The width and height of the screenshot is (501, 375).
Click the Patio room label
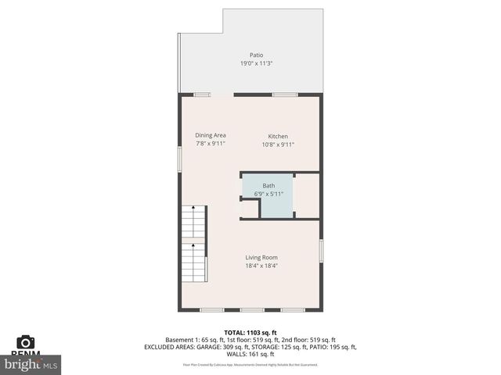tap(256, 55)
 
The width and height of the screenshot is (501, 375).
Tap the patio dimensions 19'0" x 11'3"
tap(256, 63)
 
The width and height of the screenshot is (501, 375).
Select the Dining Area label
tap(211, 135)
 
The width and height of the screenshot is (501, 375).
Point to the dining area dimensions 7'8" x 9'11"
tap(211, 144)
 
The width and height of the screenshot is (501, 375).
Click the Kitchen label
tap(278, 135)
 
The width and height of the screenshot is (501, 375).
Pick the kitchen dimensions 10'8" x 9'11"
tap(278, 144)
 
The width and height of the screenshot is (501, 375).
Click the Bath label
tap(269, 185)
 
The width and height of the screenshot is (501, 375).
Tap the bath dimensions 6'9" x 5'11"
tap(269, 194)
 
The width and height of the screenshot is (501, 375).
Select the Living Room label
tap(261, 257)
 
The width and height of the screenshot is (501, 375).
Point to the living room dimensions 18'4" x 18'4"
tap(261, 266)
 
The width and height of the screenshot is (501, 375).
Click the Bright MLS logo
tap(31, 364)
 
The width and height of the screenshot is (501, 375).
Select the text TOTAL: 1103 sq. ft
tap(250, 331)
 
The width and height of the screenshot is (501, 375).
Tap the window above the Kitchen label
tap(284, 95)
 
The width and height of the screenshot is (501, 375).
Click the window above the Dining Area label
tap(203, 95)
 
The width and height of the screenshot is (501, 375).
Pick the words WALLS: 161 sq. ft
tap(250, 355)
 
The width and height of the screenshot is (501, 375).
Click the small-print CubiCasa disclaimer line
tap(250, 365)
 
